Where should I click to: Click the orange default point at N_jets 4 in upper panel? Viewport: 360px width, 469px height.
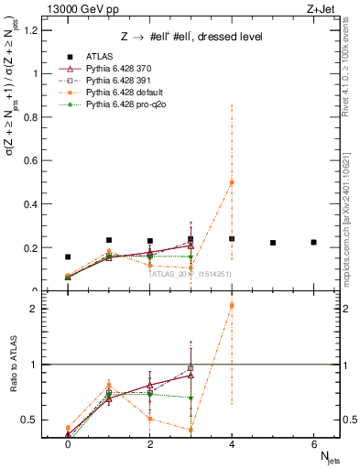pos(232,182)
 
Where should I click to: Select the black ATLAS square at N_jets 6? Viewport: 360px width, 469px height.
pos(313,242)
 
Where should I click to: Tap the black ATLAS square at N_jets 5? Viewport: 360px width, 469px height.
pos(273,243)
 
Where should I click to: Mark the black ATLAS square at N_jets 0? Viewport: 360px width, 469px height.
pos(68,257)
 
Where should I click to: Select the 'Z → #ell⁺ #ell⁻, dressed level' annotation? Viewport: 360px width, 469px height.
pos(191,37)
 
